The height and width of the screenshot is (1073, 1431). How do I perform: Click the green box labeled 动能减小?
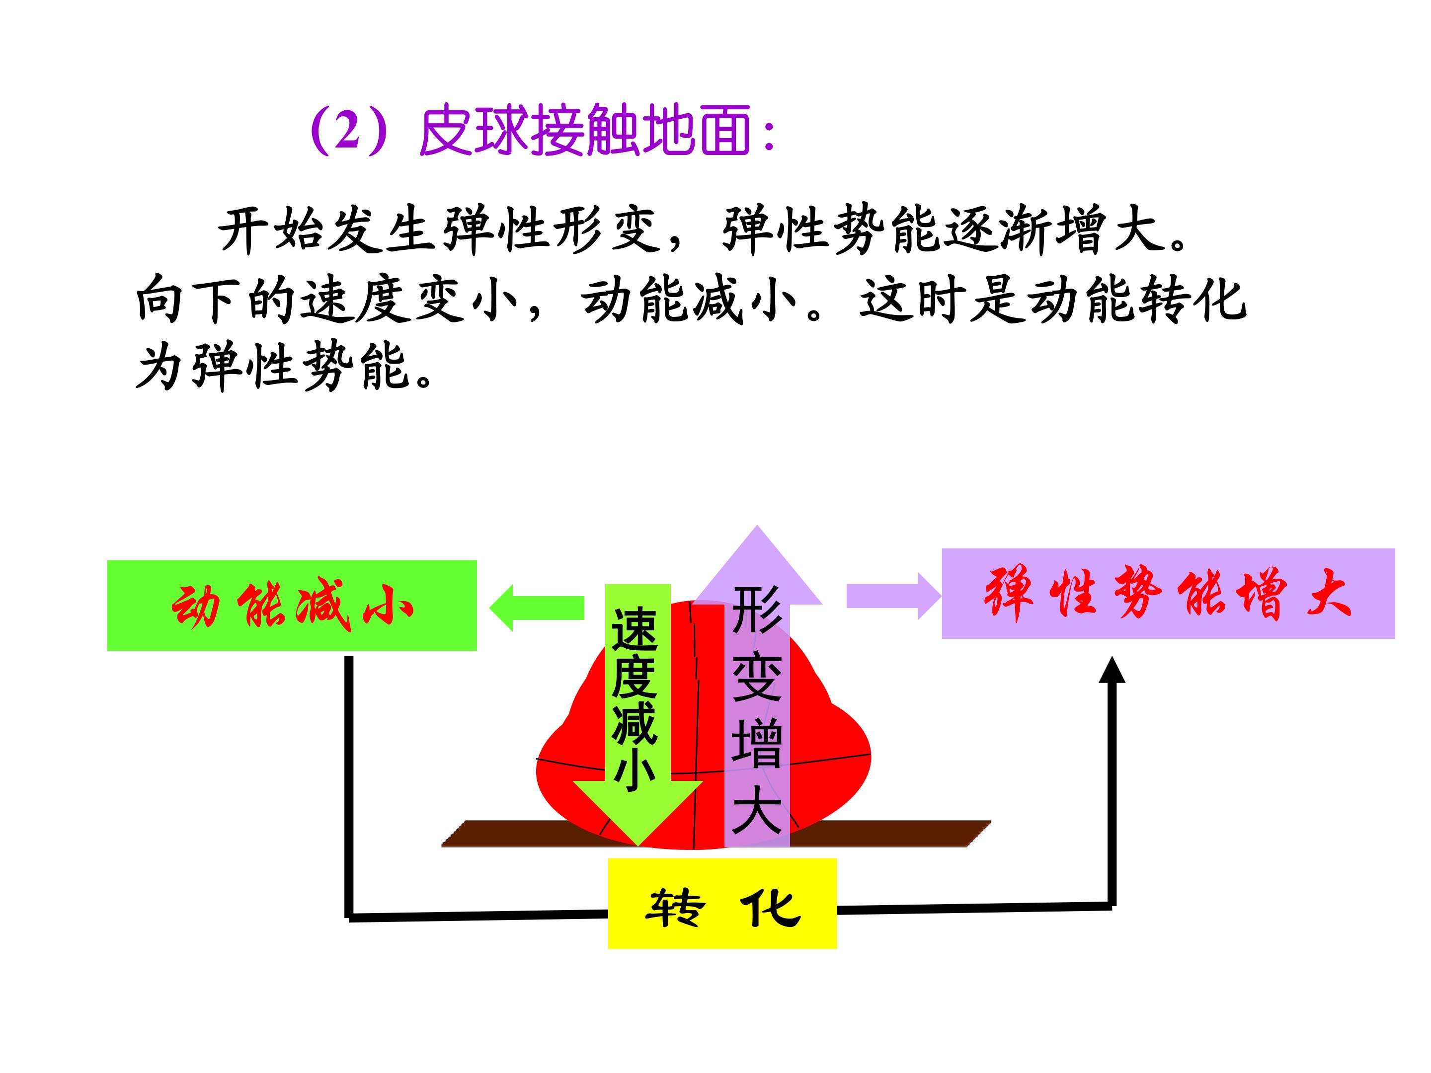tap(292, 606)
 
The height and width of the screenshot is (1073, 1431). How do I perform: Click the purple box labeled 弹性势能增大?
tap(1168, 594)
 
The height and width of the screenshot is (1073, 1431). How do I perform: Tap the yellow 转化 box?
tap(722, 904)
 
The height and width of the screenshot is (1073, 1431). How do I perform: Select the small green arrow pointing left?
tap(536, 608)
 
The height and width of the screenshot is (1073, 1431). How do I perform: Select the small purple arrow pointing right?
tap(893, 596)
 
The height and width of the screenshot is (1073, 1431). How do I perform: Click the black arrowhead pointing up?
tap(1112, 670)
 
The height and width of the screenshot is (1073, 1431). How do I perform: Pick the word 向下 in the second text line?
tap(188, 300)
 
